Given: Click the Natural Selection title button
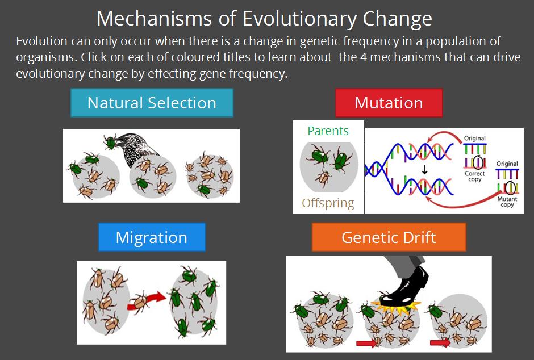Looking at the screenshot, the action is point(152,103).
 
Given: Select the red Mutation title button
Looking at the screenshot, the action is point(389,103).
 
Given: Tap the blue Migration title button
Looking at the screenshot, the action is point(152,237).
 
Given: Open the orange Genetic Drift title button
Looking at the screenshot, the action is point(389,237).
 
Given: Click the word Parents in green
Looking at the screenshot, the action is point(328,131).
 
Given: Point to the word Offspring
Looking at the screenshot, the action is point(328,203).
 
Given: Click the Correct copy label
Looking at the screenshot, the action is point(475,176).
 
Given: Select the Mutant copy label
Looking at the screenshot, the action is point(507,202).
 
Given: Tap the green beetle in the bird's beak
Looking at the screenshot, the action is point(110,142).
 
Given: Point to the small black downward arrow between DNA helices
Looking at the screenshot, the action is point(424,169).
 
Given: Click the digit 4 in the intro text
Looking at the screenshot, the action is point(364,57).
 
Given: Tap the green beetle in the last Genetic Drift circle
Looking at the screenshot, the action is point(436,311).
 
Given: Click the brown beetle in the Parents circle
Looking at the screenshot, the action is point(322,177).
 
